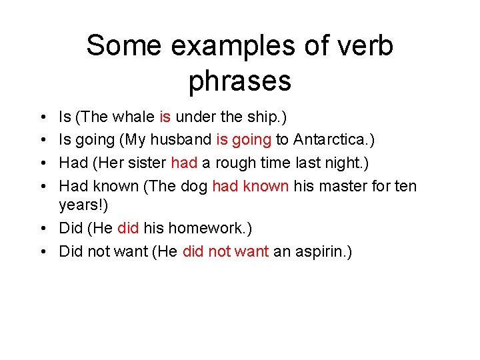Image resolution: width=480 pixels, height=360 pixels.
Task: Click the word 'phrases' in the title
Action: pos(240,81)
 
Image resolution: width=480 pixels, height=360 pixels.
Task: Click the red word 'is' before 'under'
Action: pos(165,117)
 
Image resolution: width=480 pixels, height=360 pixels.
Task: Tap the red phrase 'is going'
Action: pos(244,140)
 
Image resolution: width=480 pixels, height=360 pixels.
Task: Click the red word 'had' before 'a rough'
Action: pos(184,163)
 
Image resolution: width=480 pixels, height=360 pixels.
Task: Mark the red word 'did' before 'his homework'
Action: pos(127,228)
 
